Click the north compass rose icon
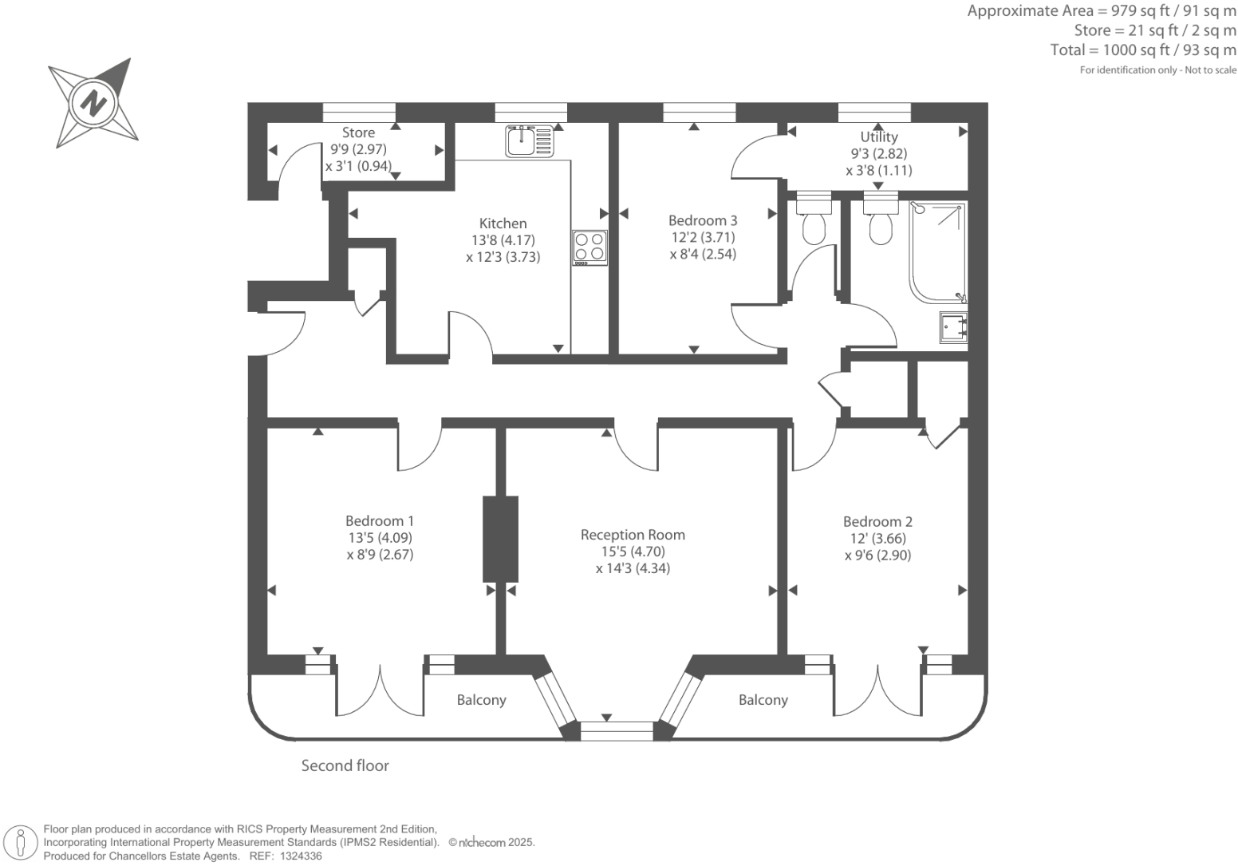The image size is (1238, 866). (93, 103)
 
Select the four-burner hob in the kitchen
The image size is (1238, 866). (589, 247)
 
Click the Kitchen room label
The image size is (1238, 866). (503, 223)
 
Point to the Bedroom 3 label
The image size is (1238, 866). (702, 220)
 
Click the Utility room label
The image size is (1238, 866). (878, 136)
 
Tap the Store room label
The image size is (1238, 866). (358, 132)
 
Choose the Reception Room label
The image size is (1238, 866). (633, 535)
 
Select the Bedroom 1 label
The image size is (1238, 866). (380, 520)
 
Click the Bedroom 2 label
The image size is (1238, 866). (877, 521)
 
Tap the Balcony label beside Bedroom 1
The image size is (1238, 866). (481, 700)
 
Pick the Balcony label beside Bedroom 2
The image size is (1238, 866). (763, 700)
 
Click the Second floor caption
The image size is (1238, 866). (345, 765)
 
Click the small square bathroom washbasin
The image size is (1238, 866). (953, 326)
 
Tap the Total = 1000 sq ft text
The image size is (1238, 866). (1142, 49)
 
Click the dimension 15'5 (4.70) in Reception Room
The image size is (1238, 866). (633, 552)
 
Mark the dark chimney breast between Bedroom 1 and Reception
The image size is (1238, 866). (500, 539)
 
